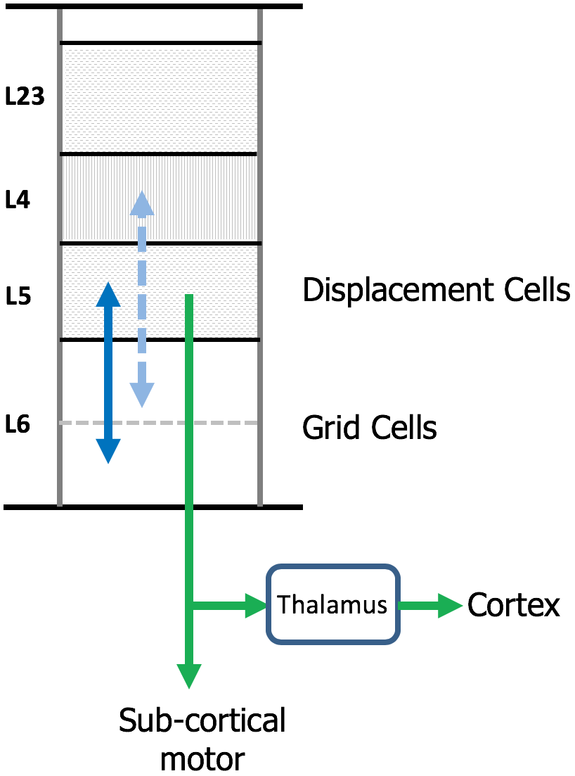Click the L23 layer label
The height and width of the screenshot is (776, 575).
click(x=25, y=97)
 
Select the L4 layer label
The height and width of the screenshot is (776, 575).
click(x=18, y=201)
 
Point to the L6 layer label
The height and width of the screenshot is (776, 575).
click(x=18, y=425)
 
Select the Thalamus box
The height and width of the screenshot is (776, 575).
click(x=332, y=604)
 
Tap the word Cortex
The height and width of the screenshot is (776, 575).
click(x=514, y=604)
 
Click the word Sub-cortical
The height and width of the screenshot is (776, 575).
click(x=202, y=722)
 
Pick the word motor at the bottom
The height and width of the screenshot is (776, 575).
click(x=202, y=759)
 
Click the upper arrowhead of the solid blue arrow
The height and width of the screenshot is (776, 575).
click(x=108, y=293)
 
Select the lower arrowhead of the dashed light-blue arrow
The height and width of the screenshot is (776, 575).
click(x=142, y=395)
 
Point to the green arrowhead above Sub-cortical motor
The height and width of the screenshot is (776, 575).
click(x=188, y=676)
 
